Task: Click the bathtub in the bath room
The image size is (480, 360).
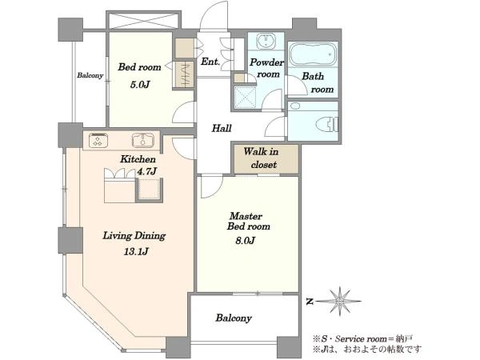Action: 313,54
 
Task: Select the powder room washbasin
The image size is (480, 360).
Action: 266,42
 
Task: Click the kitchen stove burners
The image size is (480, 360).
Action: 98,141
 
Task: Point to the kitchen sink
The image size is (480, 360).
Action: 143,141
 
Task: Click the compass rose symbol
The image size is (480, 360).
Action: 339,302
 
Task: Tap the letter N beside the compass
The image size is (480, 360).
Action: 310,302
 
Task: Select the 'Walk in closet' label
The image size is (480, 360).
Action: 262,158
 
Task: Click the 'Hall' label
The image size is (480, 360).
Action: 222,128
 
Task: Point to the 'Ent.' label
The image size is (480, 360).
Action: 210,62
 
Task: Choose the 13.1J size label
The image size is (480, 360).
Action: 136,252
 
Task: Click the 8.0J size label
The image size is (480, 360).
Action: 246,241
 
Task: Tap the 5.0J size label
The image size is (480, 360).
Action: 140,85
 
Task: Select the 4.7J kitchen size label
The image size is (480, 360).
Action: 147,171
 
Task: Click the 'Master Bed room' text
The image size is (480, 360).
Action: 248,222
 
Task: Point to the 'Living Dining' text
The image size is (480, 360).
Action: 134,236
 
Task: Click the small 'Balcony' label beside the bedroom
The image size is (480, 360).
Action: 90,75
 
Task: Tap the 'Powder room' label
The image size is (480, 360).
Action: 266,68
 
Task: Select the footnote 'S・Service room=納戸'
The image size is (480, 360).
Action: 362,338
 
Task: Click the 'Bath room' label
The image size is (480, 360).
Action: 318,82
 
